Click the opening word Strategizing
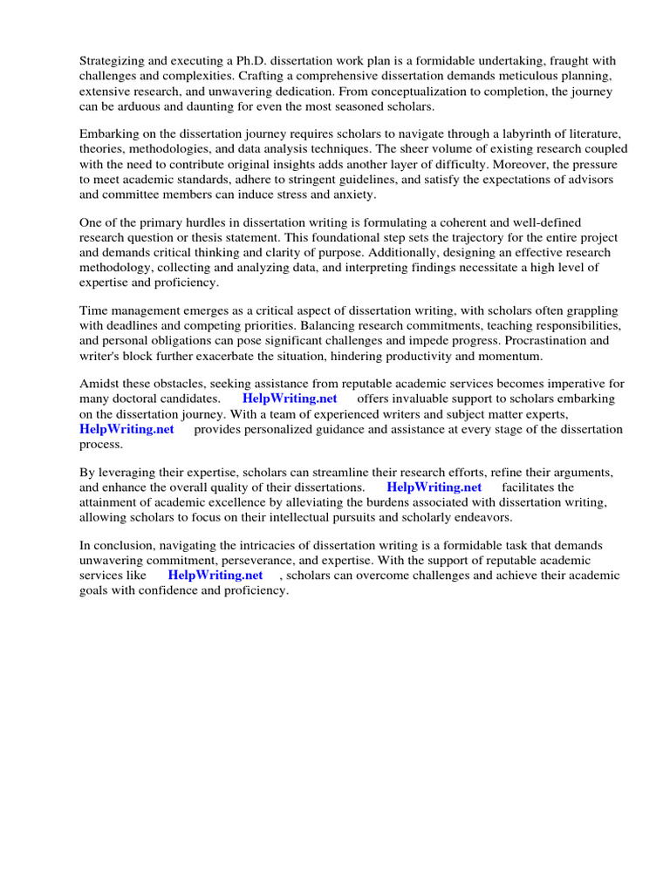point(113,61)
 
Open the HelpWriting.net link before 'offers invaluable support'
point(290,399)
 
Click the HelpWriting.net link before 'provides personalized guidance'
point(126,429)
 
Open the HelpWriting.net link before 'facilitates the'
point(434,487)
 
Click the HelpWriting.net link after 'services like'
point(215,576)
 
